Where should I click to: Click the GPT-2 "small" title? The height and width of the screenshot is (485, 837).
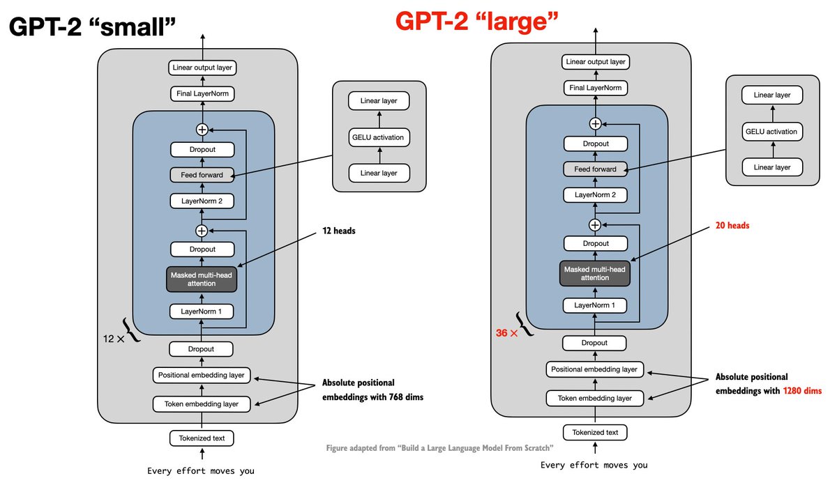[92, 27]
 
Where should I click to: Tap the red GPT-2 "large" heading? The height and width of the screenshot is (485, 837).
[477, 22]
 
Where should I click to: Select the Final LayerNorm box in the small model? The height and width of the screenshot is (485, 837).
[202, 93]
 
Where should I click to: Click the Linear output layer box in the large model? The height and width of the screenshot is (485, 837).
[596, 62]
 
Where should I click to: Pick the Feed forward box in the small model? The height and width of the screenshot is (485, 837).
[202, 175]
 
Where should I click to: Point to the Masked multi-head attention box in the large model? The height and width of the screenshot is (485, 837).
[595, 274]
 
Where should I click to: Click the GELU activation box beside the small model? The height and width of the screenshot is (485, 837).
[379, 137]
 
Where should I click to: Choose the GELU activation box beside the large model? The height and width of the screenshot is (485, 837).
[772, 132]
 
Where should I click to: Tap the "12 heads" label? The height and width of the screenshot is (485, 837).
[339, 231]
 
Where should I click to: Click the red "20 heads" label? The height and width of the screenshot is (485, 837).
[732, 226]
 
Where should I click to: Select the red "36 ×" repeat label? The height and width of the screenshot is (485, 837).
[506, 333]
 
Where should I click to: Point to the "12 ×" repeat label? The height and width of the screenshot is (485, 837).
[114, 339]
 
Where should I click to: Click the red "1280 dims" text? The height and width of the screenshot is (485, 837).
[802, 391]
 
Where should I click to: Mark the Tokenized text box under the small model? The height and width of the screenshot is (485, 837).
[202, 438]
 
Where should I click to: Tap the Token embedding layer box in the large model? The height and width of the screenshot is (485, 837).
[595, 399]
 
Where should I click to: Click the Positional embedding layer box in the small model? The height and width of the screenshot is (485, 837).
[202, 375]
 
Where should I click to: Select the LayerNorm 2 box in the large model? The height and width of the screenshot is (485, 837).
[595, 195]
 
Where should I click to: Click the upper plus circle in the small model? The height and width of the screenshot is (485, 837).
[202, 130]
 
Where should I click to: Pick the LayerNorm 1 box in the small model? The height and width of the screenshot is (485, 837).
[202, 311]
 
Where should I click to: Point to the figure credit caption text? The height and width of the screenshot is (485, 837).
[440, 448]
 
